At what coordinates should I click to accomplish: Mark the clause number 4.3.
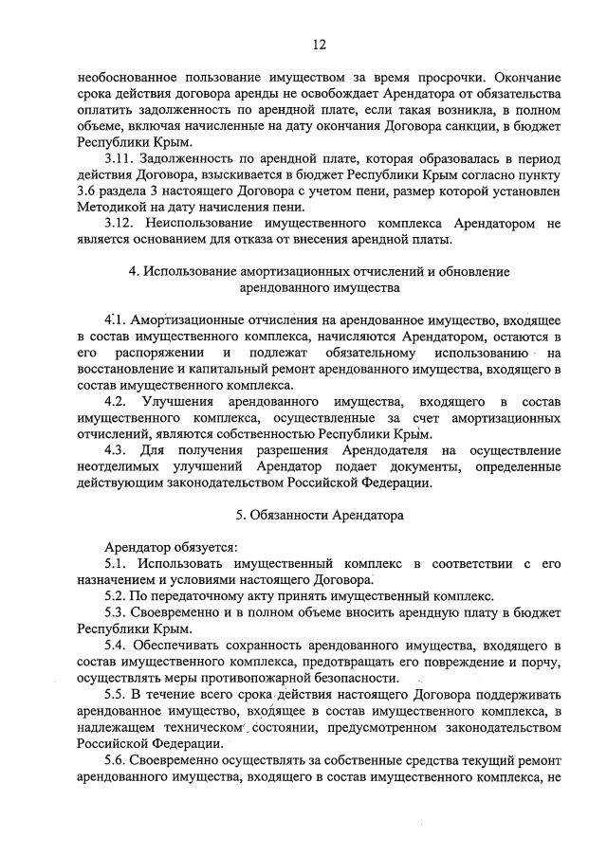coord(117,450)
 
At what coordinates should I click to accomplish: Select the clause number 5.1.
coord(116,565)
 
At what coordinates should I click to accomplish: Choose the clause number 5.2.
coord(116,597)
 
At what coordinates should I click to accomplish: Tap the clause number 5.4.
coord(116,647)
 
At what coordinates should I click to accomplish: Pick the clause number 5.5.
coord(116,696)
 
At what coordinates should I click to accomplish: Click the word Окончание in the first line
coord(525,75)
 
